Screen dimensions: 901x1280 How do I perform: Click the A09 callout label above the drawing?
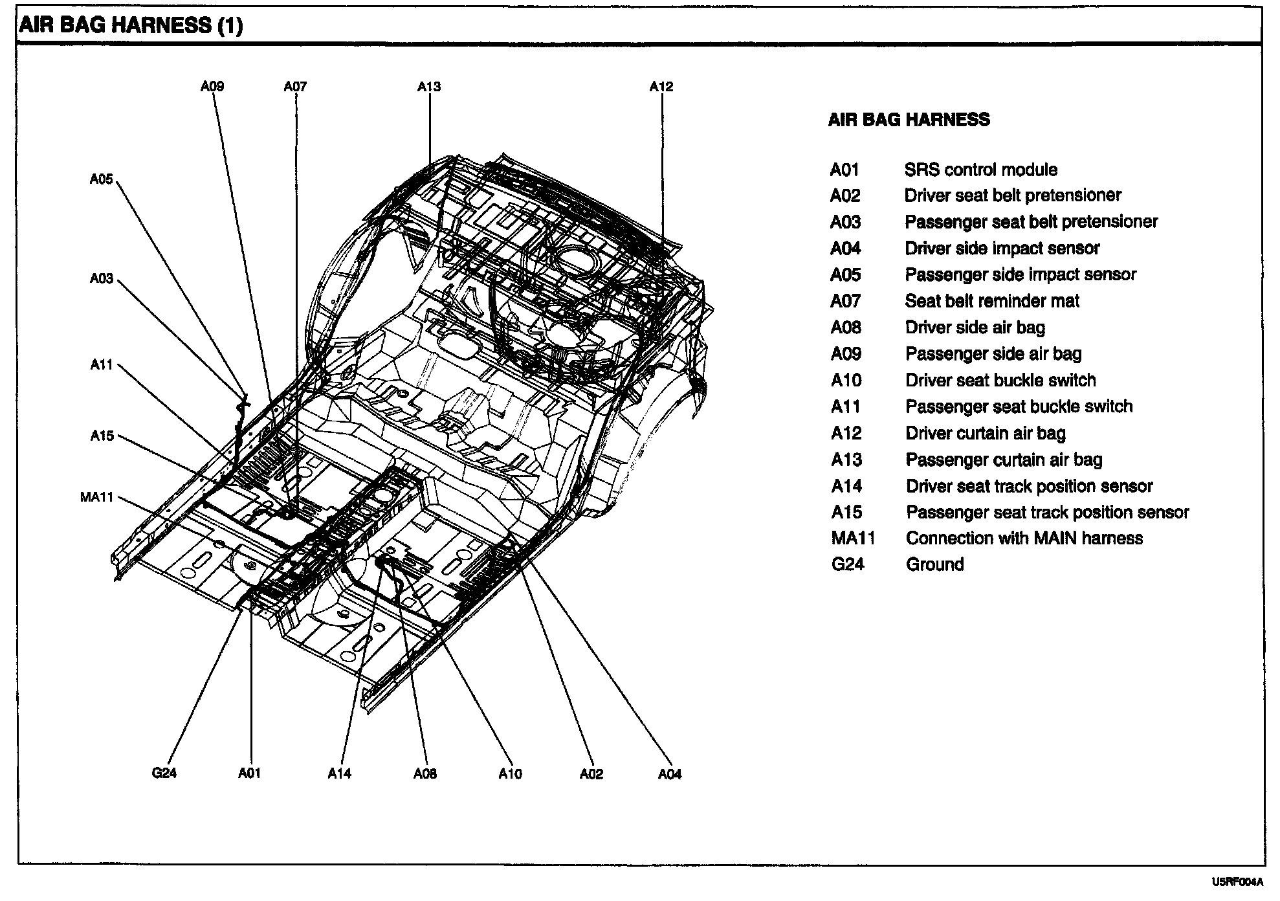point(212,87)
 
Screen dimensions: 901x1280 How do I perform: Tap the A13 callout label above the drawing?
point(429,87)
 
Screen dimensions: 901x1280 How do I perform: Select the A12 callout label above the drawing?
point(661,87)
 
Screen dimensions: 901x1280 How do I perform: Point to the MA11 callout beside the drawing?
point(97,497)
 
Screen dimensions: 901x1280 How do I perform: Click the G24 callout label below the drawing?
point(164,773)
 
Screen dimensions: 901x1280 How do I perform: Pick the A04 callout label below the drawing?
point(670,773)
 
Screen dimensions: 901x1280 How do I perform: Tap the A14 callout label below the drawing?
point(339,773)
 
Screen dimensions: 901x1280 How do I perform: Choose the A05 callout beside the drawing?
point(102,179)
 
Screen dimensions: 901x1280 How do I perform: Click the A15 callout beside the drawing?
point(102,436)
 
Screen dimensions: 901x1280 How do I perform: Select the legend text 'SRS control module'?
point(980,170)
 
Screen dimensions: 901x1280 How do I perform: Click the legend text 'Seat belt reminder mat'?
point(992,301)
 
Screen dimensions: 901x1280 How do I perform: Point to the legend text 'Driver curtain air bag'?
point(985,433)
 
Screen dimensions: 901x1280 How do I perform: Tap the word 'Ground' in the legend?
point(934,564)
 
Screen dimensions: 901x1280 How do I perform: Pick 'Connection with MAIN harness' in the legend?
point(1024,538)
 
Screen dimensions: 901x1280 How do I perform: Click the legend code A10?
point(846,380)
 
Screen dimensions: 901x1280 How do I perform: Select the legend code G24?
point(847,564)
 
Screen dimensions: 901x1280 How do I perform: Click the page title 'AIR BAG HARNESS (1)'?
point(131,25)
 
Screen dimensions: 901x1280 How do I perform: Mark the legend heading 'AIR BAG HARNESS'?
point(909,120)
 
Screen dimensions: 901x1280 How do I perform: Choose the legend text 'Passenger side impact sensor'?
point(1020,274)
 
